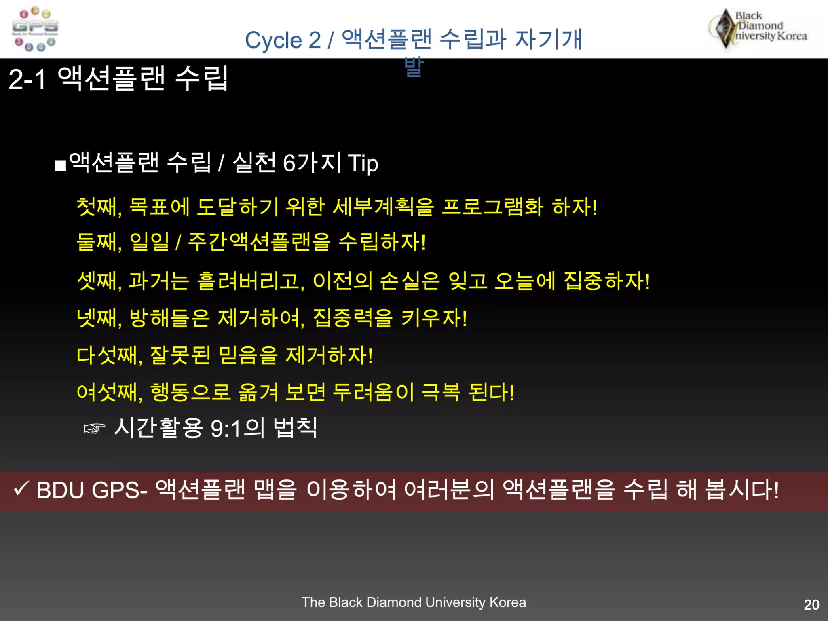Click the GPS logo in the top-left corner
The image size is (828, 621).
coord(35,29)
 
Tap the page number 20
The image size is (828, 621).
coord(811,604)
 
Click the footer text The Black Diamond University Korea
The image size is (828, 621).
coord(414,602)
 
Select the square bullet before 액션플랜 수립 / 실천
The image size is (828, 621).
coord(60,166)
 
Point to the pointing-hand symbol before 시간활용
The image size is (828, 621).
coord(94,428)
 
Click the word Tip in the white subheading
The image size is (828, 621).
coord(363,163)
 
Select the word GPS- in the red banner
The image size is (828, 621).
coord(119,490)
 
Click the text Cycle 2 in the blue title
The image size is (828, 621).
coord(283,40)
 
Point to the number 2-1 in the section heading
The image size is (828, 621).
coord(27,79)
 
